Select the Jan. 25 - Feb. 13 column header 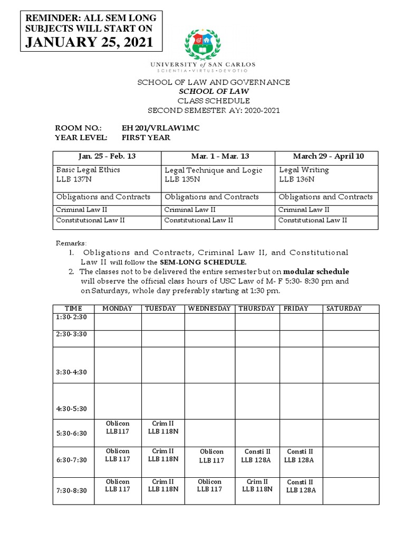pos(107,157)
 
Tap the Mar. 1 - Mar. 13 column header pos(218,157)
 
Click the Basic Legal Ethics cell pos(88,174)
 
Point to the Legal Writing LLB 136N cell pos(304,174)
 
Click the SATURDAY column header pos(344,308)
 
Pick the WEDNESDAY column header pos(209,308)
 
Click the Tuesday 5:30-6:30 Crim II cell pos(163,428)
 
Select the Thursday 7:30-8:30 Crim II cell pos(257,486)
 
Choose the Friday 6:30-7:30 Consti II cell pos(301,456)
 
